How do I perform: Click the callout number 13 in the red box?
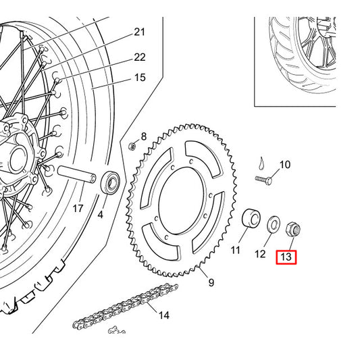[x=286, y=257]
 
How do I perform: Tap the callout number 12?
[x=260, y=254]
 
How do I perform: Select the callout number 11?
[x=235, y=250]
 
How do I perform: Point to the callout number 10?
[x=285, y=165]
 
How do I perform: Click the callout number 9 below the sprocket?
[x=211, y=282]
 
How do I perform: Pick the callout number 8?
[x=144, y=136]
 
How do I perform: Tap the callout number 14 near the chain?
[x=164, y=315]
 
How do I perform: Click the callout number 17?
[x=78, y=209]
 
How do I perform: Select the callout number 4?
[x=101, y=215]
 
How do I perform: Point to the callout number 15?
[x=140, y=78]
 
